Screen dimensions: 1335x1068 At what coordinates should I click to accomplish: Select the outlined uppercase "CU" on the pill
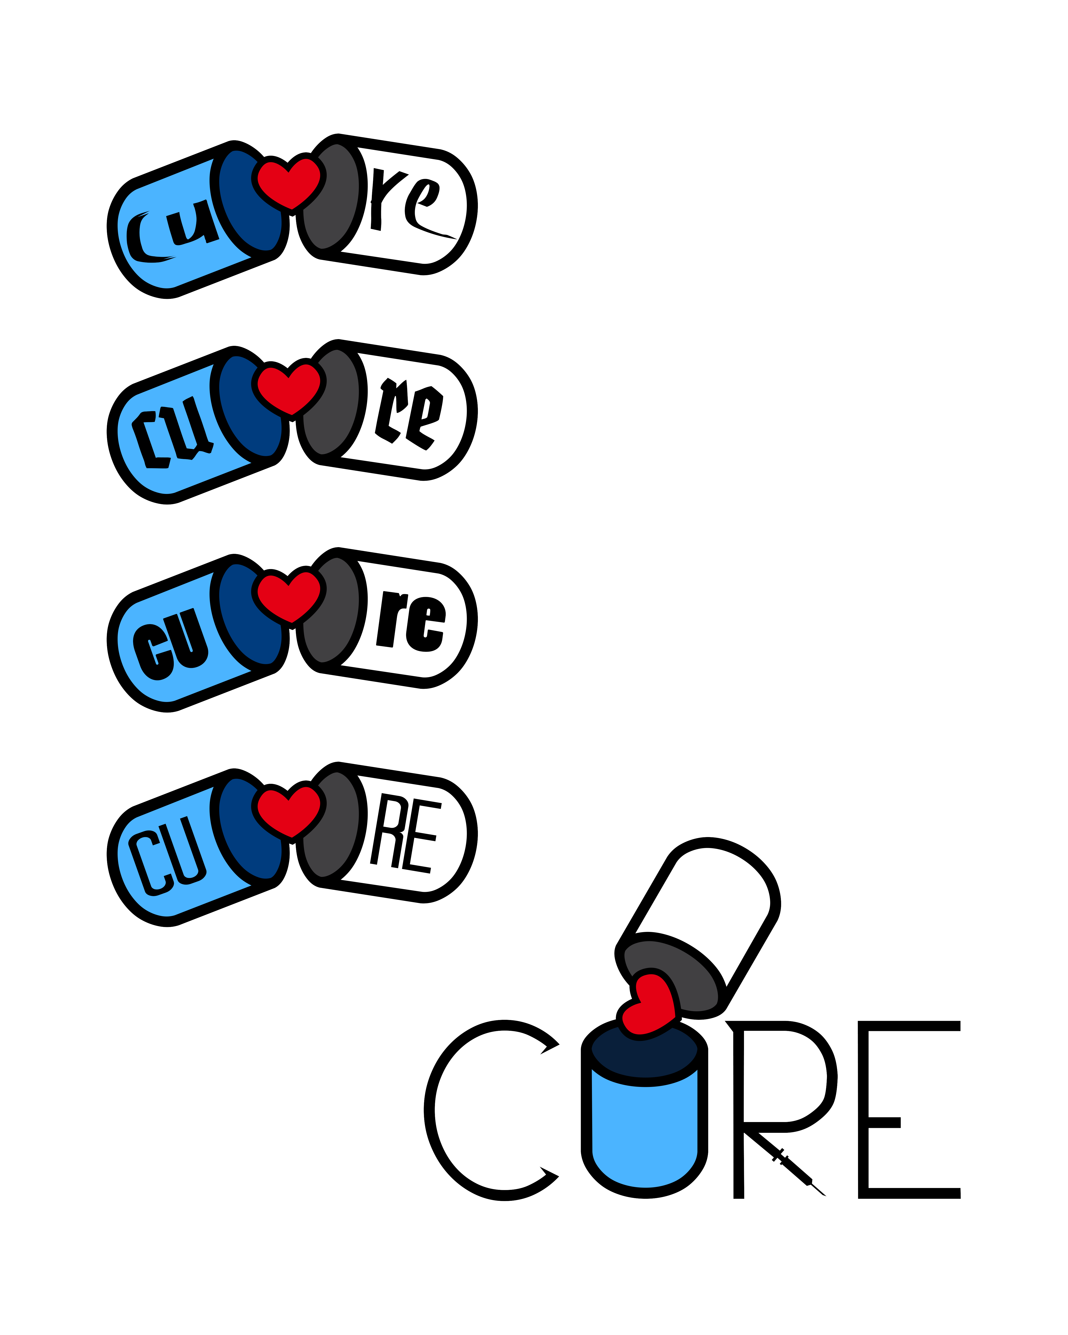[x=167, y=855]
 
